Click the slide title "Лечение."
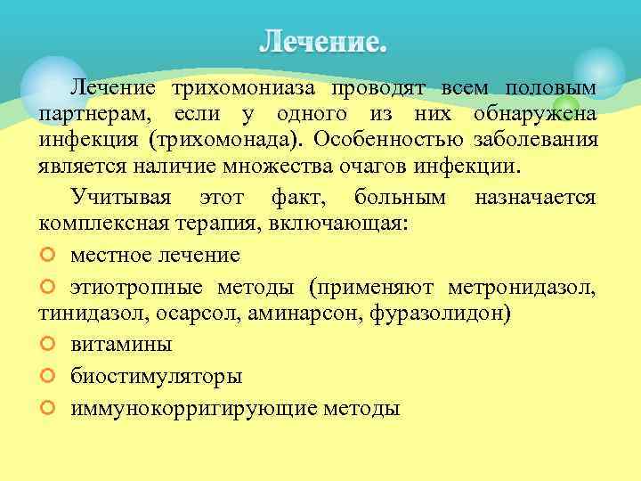(x=324, y=43)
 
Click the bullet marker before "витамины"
(x=48, y=344)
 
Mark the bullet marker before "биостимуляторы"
(x=48, y=376)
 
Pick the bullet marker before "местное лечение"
(x=48, y=256)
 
